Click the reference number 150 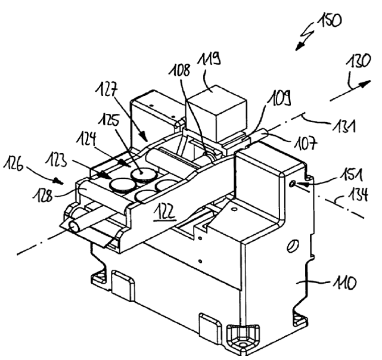pyautogui.click(x=329, y=21)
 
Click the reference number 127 pyautogui.click(x=107, y=89)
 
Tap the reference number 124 pyautogui.click(x=86, y=139)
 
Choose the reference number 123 pyautogui.click(x=56, y=160)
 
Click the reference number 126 pyautogui.click(x=14, y=163)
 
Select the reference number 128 pyautogui.click(x=42, y=195)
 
